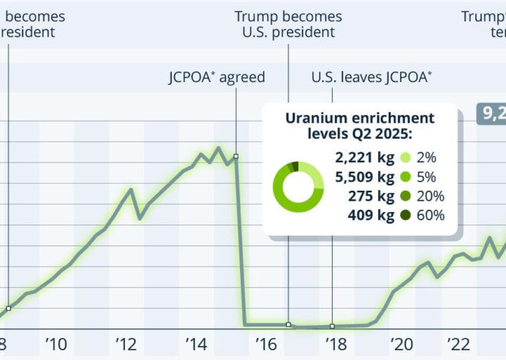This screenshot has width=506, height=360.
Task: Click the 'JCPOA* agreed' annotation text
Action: click(217, 77)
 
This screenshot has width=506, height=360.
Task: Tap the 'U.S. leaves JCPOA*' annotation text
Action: click(372, 77)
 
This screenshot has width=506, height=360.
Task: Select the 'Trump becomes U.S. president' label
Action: click(288, 25)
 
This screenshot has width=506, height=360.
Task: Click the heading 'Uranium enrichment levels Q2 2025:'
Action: click(360, 126)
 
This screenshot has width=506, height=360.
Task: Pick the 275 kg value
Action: click(371, 196)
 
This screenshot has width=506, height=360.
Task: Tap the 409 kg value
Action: click(371, 215)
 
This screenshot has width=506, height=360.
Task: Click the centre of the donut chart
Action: click(298, 187)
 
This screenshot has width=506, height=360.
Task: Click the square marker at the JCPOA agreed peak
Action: click(236, 156)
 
